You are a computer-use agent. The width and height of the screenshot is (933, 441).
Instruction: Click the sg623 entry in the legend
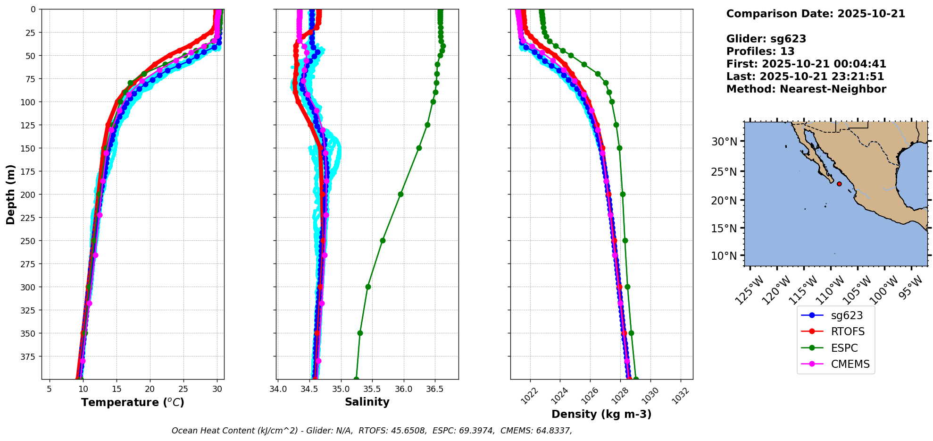[847, 316]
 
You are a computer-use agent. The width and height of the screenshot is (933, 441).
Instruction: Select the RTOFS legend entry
[848, 332]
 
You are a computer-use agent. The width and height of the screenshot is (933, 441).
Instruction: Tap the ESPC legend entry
[844, 348]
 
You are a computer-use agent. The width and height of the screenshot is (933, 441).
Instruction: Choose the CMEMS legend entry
[850, 365]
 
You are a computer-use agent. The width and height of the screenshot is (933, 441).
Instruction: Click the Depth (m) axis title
[11, 194]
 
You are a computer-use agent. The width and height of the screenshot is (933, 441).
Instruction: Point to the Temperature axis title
[133, 403]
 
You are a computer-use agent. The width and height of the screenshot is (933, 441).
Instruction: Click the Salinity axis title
[367, 402]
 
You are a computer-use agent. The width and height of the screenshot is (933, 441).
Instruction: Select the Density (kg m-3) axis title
[601, 415]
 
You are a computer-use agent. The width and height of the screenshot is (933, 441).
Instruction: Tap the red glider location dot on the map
[839, 184]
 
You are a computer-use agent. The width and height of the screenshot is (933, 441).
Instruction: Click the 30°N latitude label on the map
[724, 142]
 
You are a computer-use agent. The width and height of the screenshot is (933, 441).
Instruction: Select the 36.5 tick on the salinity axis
[434, 390]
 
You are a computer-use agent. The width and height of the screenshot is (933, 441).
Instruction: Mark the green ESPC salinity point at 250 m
[383, 241]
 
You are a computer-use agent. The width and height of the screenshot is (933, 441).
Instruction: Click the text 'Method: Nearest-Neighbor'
[806, 89]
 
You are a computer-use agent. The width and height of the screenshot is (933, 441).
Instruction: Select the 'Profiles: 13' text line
[760, 51]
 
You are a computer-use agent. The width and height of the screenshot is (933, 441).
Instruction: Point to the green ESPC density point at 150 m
[619, 148]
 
